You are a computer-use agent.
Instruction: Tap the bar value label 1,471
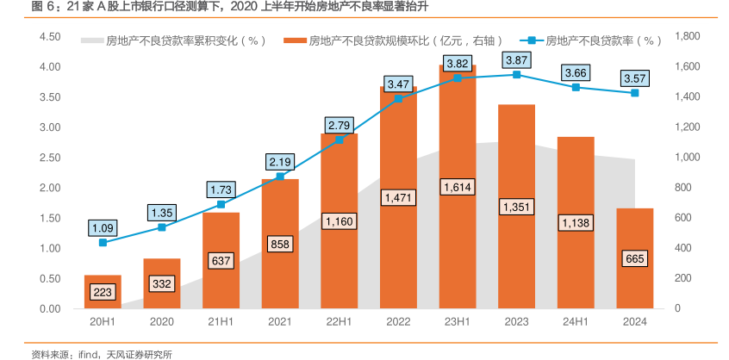point(398,198)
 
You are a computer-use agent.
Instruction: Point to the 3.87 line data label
point(517,60)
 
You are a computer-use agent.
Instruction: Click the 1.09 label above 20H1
point(103,228)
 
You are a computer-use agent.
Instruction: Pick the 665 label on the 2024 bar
point(635,259)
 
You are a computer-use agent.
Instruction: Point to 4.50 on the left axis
point(49,37)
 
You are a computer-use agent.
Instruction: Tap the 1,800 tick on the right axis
point(687,37)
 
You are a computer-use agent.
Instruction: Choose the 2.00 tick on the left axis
point(49,188)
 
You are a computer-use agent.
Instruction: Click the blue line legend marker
point(532,40)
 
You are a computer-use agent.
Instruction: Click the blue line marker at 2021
point(280,177)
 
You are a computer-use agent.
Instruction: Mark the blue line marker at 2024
point(635,93)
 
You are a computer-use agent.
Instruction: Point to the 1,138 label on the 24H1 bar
point(576,223)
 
